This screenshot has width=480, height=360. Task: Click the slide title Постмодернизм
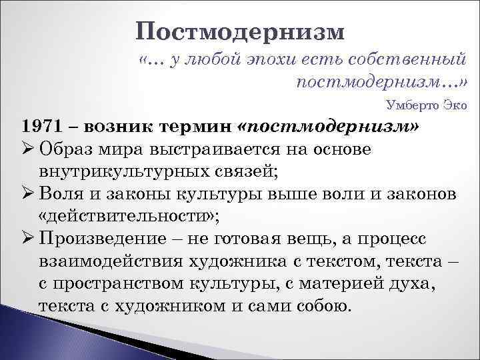point(241,32)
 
